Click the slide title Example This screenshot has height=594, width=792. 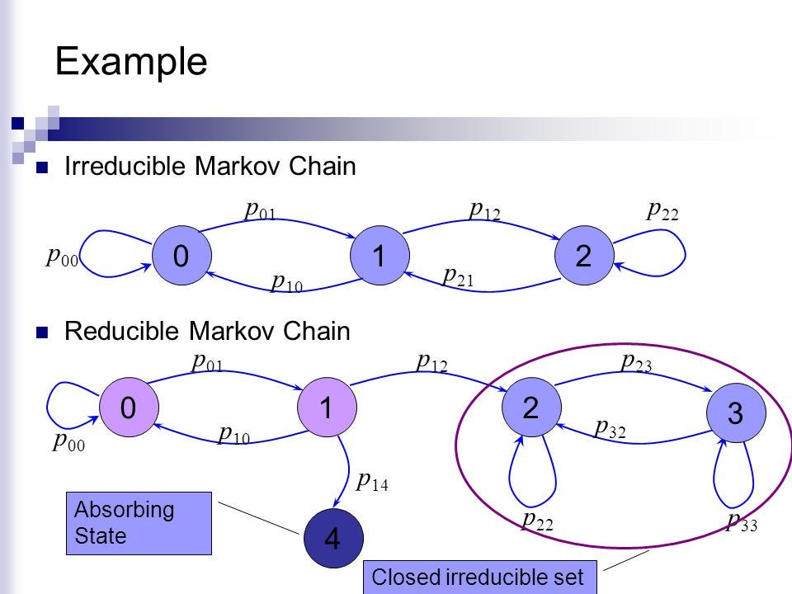(x=131, y=62)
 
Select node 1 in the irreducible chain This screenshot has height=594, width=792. (x=379, y=255)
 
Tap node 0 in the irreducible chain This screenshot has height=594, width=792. (x=181, y=255)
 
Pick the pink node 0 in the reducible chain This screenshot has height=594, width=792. (x=129, y=407)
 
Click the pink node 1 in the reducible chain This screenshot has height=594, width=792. (x=327, y=407)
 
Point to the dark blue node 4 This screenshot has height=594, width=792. (x=333, y=538)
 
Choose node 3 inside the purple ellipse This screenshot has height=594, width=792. (x=736, y=412)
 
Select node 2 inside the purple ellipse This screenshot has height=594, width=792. (x=531, y=407)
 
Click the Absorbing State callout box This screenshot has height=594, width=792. (x=139, y=523)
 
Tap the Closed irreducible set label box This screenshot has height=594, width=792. (x=480, y=577)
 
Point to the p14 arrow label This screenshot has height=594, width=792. (x=372, y=481)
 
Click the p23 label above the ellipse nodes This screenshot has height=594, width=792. (x=636, y=362)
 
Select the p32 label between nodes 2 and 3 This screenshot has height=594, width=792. (x=610, y=428)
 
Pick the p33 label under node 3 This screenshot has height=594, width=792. (x=742, y=521)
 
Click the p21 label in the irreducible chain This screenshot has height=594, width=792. (x=458, y=277)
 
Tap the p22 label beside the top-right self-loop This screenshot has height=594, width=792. (x=662, y=210)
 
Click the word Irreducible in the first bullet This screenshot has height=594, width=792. (x=125, y=166)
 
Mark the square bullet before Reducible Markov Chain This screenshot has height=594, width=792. (x=42, y=332)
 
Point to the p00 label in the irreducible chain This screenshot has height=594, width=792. (x=62, y=257)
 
